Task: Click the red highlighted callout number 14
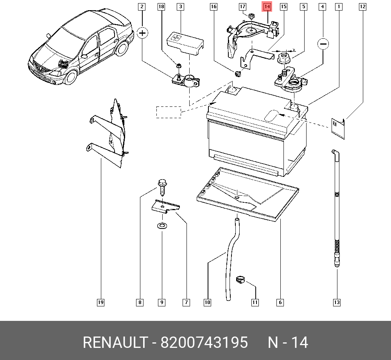point(267,7)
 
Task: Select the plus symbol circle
point(143,33)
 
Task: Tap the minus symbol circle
point(323,44)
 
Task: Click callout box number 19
point(100,302)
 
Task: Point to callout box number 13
point(337,302)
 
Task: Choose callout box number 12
point(362,7)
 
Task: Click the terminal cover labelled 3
point(184,41)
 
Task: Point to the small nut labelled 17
point(252,16)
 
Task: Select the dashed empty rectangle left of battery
point(169,112)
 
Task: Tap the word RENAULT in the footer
point(114,342)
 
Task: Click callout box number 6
point(280,302)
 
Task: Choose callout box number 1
point(338,7)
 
